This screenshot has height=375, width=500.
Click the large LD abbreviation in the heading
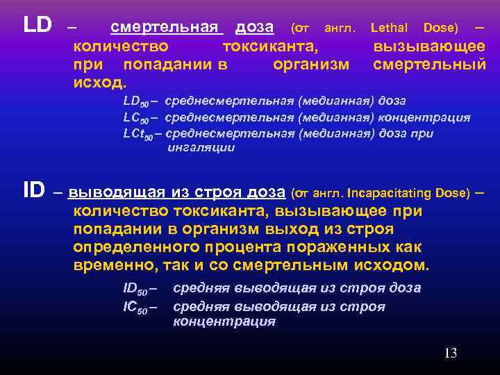click(37, 26)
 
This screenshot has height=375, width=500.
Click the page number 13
click(450, 353)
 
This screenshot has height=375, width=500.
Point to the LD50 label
click(137, 101)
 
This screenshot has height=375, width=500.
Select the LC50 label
click(137, 117)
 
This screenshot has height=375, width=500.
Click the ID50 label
click(137, 288)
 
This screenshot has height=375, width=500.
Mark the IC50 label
click(137, 307)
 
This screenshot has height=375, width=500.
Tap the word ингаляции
click(201, 148)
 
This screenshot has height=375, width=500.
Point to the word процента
click(237, 247)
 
